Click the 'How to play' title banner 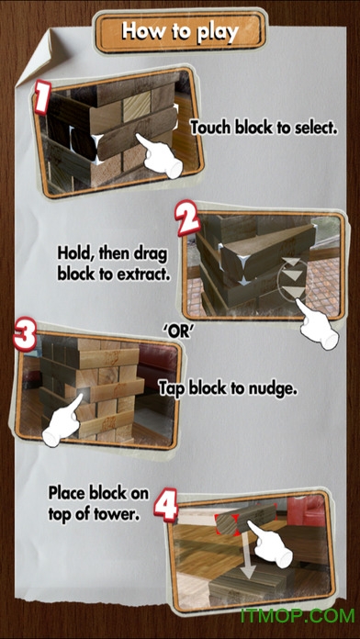(x=180, y=32)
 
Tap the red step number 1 (x=43, y=97)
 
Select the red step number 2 (x=187, y=220)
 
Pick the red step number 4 (x=166, y=505)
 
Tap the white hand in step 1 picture (x=160, y=156)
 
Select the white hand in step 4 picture (x=270, y=544)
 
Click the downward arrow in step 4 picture (x=247, y=557)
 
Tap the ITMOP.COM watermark (x=298, y=615)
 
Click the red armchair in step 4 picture (x=306, y=510)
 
